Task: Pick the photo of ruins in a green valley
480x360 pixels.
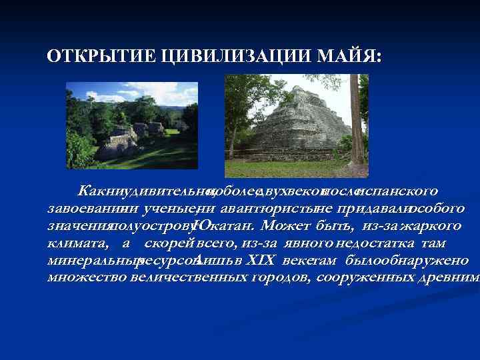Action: (x=132, y=125)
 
